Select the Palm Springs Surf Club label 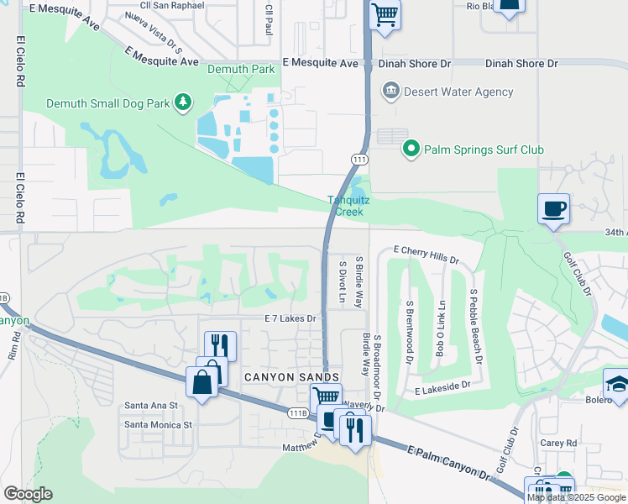[x=484, y=150]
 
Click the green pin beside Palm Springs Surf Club [x=411, y=150]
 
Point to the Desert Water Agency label [x=458, y=92]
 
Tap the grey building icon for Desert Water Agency [x=390, y=91]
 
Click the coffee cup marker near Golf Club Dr [x=554, y=208]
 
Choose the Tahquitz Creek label [x=345, y=206]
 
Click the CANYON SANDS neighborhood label [x=291, y=378]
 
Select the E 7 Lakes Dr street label [x=290, y=318]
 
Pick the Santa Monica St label [x=159, y=425]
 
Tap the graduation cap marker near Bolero [x=617, y=384]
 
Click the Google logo [x=28, y=494]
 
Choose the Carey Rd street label [x=560, y=443]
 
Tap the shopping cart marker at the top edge [x=385, y=13]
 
